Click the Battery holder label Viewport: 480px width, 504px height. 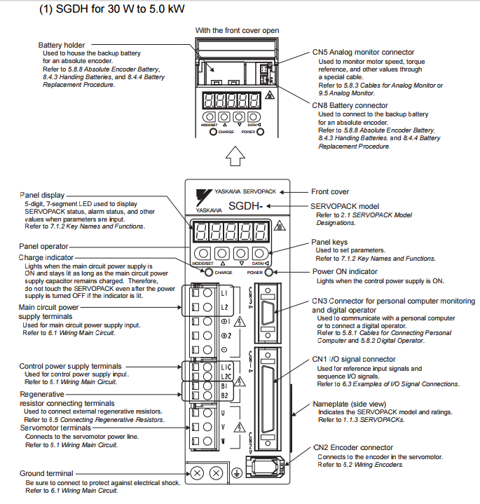click(x=62, y=45)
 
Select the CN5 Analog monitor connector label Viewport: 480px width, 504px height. click(x=363, y=52)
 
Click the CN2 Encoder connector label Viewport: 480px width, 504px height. click(x=353, y=447)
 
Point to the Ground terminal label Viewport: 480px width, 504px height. click(x=46, y=474)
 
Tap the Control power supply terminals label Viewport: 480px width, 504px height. click(x=70, y=366)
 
